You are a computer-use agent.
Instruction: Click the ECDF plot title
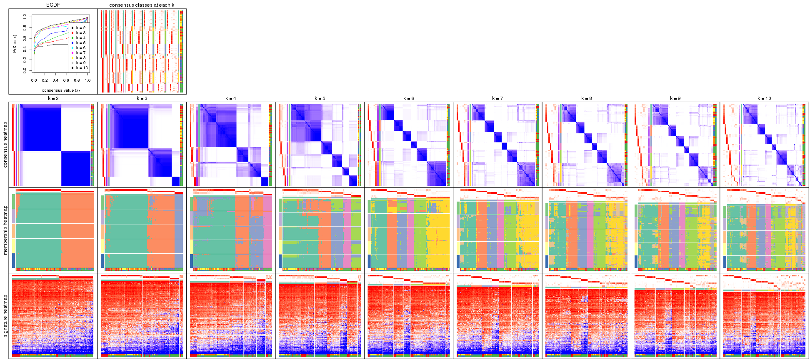(53, 5)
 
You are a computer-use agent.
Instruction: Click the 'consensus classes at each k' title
(142, 5)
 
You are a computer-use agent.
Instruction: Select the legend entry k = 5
(80, 43)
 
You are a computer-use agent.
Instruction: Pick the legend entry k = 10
(82, 68)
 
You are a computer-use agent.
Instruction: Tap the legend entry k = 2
(80, 28)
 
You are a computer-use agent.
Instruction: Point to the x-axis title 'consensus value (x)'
(61, 90)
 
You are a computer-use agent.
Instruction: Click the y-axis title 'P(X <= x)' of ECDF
(15, 43)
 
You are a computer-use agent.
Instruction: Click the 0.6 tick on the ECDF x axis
(66, 80)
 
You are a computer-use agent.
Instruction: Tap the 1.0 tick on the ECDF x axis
(87, 80)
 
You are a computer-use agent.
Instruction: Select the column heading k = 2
(53, 99)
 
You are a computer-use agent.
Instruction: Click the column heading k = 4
(231, 99)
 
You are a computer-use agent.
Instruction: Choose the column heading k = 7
(497, 99)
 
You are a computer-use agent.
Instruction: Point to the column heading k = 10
(764, 99)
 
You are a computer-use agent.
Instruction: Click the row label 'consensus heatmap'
(5, 145)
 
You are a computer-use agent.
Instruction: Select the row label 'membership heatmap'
(5, 230)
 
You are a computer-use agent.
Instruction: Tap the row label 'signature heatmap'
(5, 315)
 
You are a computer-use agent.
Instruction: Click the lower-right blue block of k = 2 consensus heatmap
(75, 168)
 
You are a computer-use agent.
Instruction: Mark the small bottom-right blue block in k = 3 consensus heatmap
(175, 181)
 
